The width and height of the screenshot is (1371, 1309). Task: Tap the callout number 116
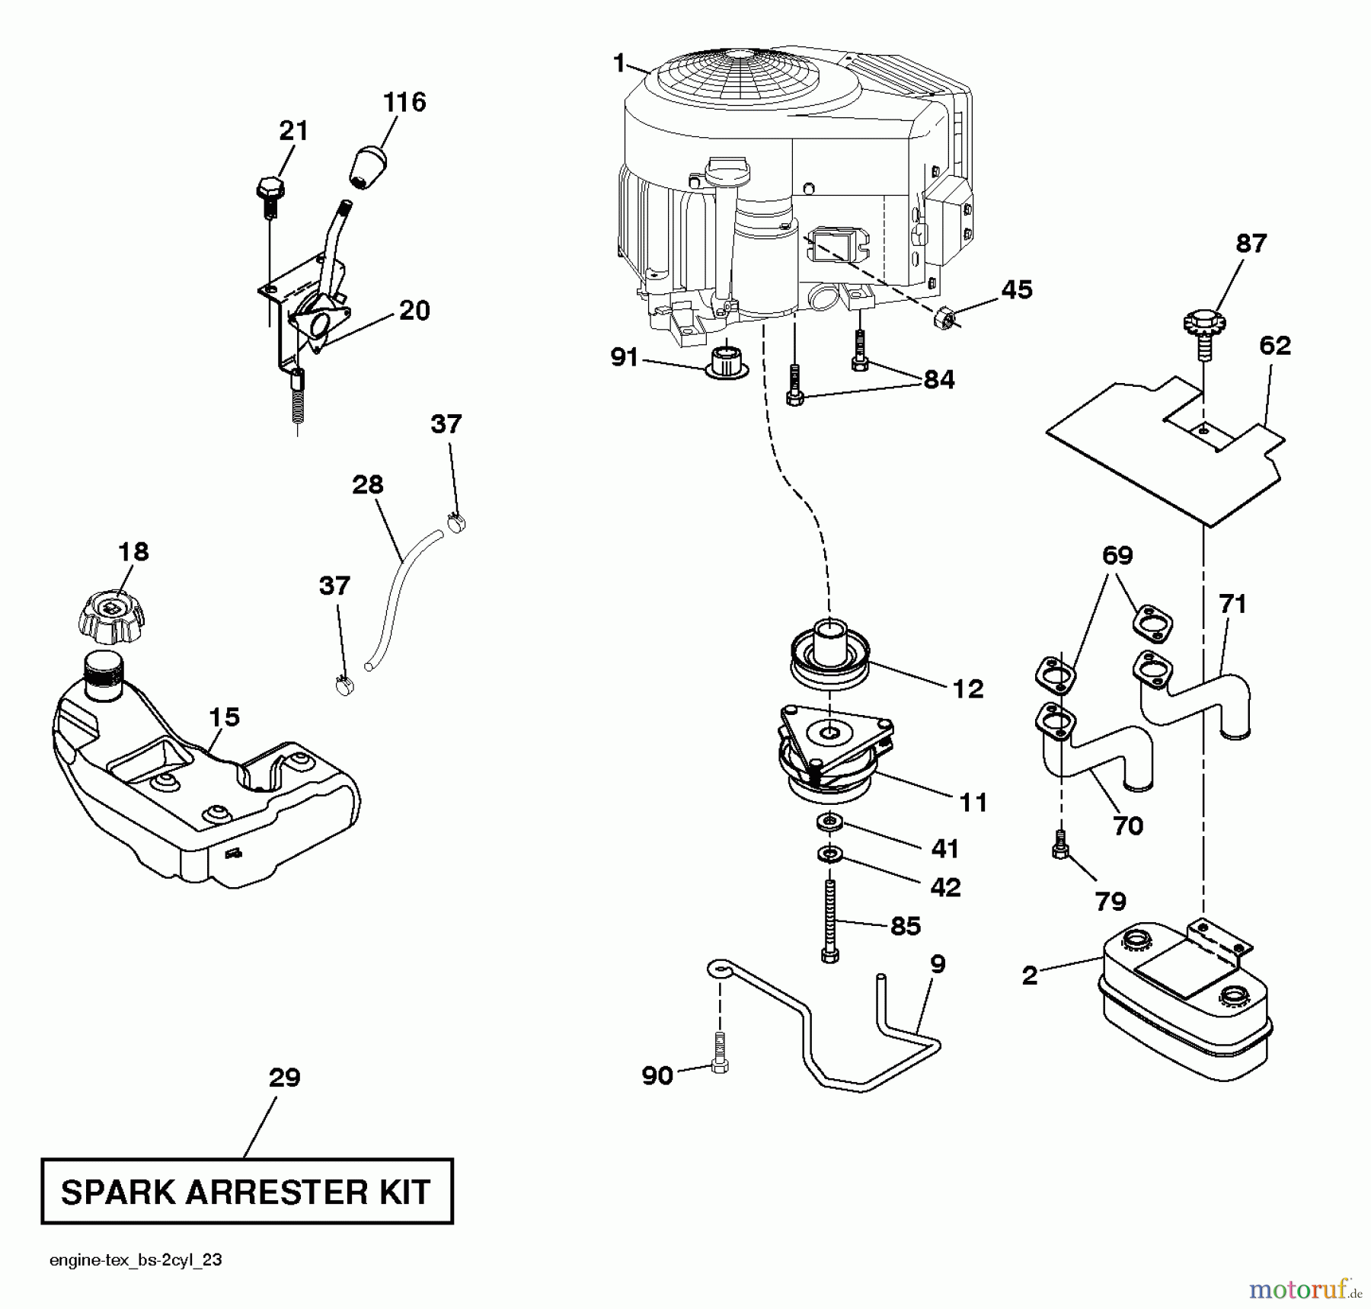[404, 102]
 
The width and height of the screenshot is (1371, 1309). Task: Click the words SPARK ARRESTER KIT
[246, 1192]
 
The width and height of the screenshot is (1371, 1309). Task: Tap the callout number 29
[284, 1078]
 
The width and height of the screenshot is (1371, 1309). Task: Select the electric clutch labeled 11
[834, 754]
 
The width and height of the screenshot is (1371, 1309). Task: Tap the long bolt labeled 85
[829, 921]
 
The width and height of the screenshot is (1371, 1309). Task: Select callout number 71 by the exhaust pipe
[1232, 604]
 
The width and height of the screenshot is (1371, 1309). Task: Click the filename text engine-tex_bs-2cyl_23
[136, 1260]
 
